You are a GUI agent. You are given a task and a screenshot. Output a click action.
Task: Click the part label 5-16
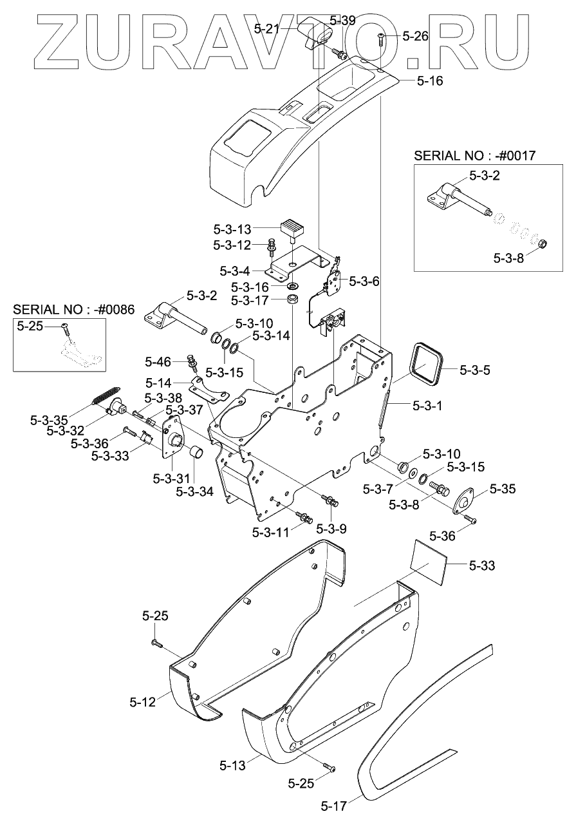[430, 81]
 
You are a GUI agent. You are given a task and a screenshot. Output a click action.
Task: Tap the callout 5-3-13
[232, 229]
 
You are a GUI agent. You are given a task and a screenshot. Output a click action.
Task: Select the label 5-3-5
[475, 370]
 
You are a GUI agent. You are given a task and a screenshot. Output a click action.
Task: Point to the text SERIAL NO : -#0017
[474, 156]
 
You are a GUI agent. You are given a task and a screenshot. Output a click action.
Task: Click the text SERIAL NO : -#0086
[74, 309]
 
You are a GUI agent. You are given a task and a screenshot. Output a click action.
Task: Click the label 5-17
[334, 816]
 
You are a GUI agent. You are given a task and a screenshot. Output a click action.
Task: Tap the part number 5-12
[143, 702]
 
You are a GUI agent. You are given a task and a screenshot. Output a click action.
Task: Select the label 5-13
[232, 766]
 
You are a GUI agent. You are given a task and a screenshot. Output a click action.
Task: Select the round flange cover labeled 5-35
[464, 500]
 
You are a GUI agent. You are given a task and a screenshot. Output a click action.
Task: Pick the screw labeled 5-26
[381, 39]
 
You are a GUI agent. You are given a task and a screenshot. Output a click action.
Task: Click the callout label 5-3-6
[364, 281]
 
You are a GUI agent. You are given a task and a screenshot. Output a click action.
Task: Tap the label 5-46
[158, 362]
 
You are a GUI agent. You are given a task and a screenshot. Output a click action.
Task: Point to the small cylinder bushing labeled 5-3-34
[196, 451]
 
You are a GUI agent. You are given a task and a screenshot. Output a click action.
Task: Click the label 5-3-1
[427, 406]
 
